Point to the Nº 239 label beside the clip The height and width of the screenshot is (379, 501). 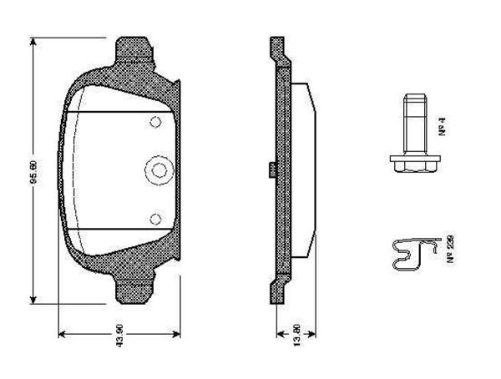click(x=448, y=250)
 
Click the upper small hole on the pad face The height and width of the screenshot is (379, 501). click(x=154, y=123)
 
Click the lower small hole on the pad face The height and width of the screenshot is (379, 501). click(x=154, y=219)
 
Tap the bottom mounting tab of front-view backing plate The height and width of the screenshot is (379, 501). click(x=136, y=288)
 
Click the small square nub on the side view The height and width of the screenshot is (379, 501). click(x=272, y=170)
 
